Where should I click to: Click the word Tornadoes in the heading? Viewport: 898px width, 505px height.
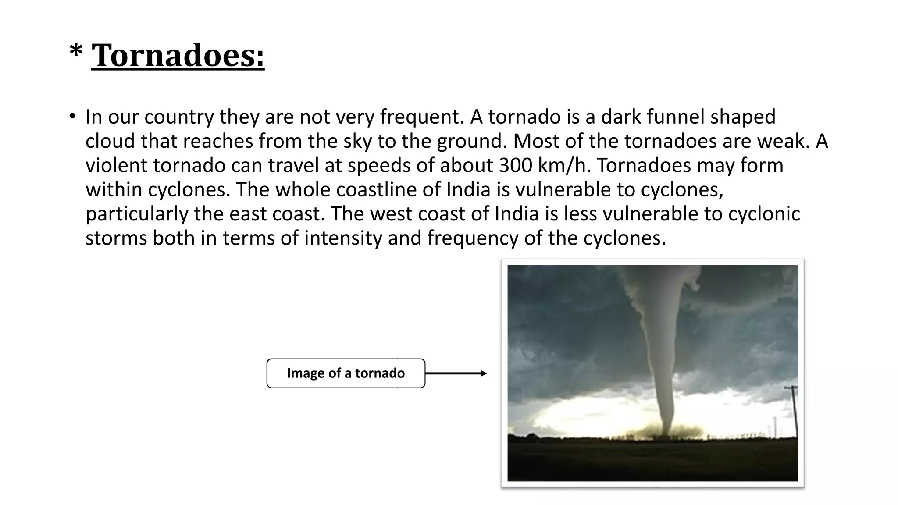178,56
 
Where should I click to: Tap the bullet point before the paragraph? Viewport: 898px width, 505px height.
72,117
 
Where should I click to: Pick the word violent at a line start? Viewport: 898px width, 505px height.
116,166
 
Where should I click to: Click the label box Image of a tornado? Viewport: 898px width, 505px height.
346,373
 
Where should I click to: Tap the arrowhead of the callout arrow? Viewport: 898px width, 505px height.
484,373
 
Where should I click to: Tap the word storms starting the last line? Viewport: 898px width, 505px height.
116,238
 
